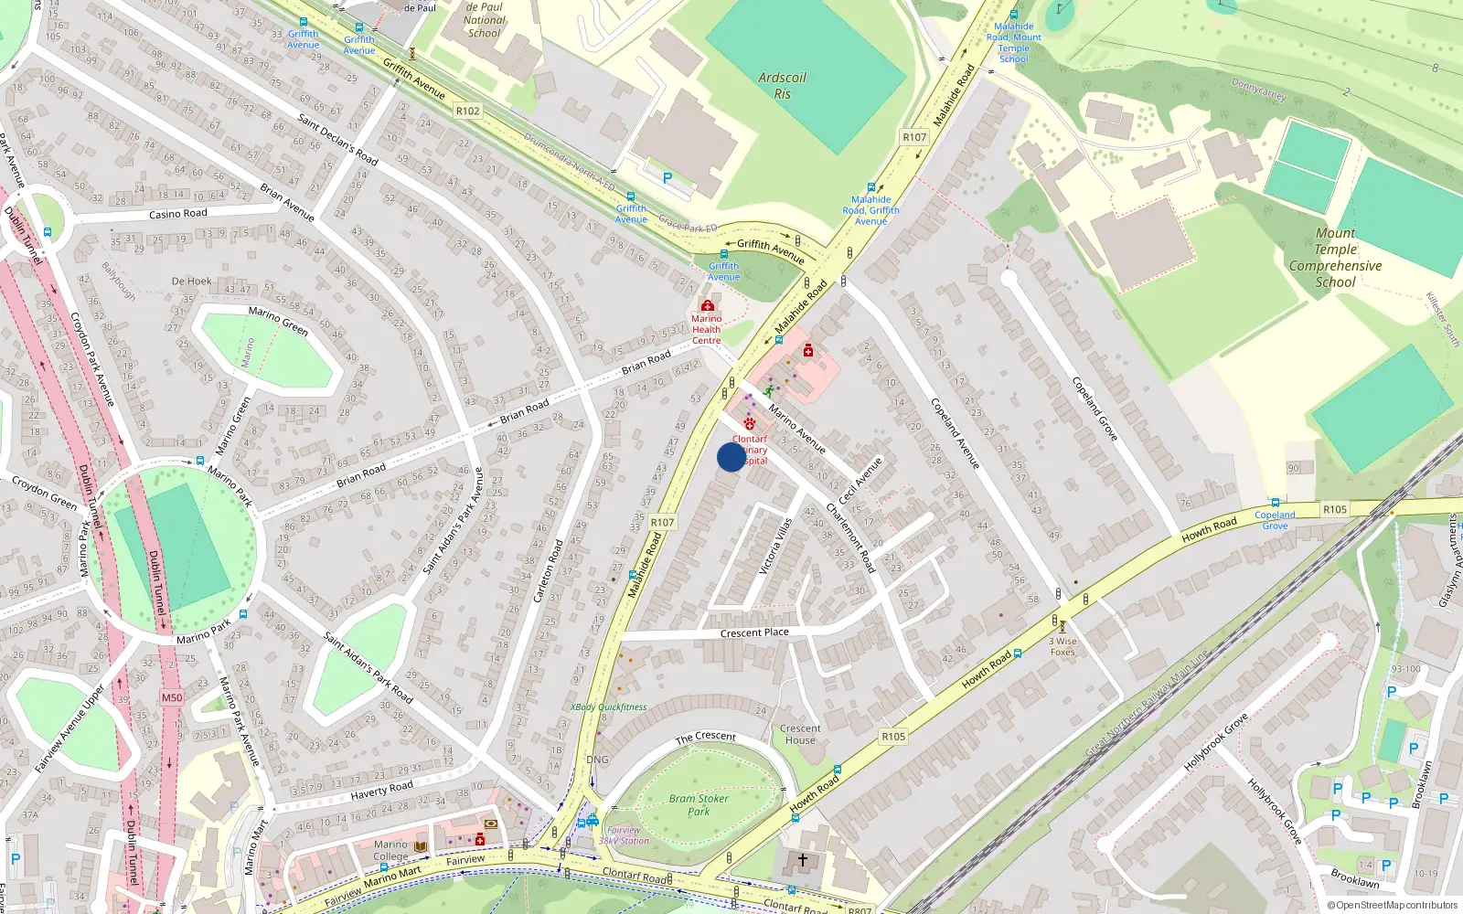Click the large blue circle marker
click(x=731, y=457)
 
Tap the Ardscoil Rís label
click(x=782, y=85)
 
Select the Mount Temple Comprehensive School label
click(x=1335, y=258)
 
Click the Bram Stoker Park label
click(x=699, y=804)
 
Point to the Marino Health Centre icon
click(x=707, y=305)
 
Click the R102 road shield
click(x=467, y=111)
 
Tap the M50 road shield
click(x=171, y=697)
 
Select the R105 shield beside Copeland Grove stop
click(x=1334, y=509)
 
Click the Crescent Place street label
click(x=753, y=632)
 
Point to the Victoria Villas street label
click(x=775, y=547)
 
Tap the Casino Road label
click(x=177, y=214)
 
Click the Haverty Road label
click(x=381, y=790)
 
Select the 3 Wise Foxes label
click(x=1063, y=646)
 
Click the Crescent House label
click(x=800, y=734)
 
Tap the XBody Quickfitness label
click(x=608, y=707)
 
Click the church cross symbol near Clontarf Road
click(x=803, y=860)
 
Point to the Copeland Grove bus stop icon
click(x=1275, y=503)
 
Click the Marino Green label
click(x=278, y=320)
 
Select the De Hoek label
click(x=191, y=281)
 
